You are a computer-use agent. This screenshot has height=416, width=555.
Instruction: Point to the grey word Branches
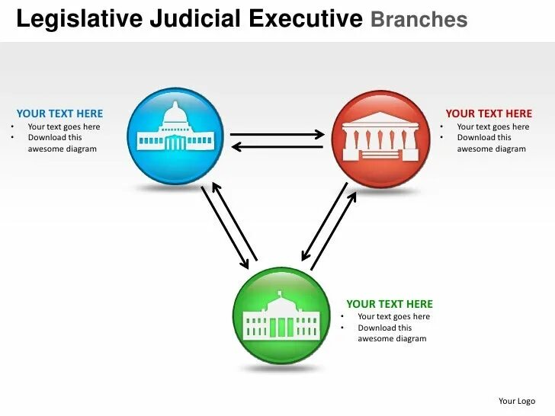419,20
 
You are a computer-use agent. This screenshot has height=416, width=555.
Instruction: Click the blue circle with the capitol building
176,137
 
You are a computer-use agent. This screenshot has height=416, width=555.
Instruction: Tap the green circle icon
281,315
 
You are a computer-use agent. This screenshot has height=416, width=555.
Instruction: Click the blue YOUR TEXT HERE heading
59,114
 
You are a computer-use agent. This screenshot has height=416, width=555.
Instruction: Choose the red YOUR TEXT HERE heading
489,114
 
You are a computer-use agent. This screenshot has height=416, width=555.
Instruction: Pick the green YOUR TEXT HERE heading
390,303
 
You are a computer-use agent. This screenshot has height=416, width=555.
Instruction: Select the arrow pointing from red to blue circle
277,146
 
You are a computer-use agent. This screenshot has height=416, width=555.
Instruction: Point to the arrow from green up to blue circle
235,221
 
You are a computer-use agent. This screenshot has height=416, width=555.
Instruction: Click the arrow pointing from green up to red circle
334,230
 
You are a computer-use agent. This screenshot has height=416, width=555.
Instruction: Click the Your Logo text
517,401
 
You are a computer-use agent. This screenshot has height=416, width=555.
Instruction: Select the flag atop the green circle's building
280,293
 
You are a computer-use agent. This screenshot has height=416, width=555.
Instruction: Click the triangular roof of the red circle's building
381,123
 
